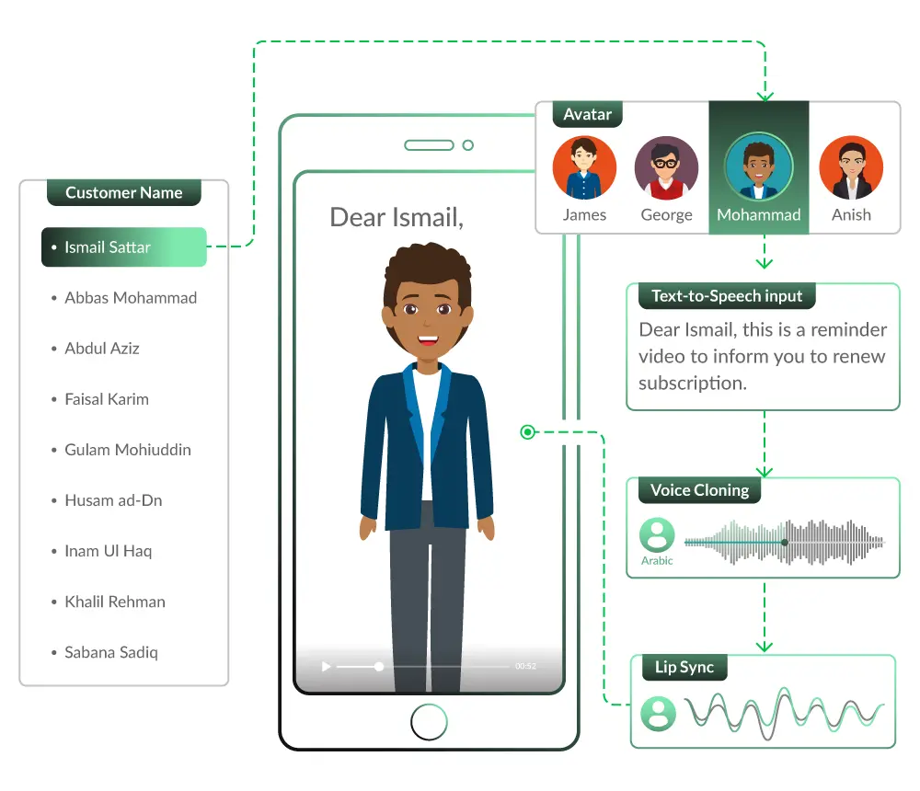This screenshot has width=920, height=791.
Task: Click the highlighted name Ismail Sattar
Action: tap(108, 247)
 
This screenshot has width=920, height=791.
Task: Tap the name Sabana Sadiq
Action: tap(110, 652)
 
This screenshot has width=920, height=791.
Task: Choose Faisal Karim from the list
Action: tap(106, 399)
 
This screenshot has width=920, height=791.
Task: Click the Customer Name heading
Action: tap(123, 193)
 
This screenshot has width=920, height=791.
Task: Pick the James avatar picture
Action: tap(584, 168)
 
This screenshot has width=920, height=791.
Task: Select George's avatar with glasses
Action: tap(666, 168)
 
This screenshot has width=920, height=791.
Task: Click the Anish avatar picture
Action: tap(851, 168)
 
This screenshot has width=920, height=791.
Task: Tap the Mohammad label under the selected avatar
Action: tap(758, 215)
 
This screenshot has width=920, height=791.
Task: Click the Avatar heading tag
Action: tap(587, 115)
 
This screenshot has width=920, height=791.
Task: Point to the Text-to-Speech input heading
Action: tap(727, 296)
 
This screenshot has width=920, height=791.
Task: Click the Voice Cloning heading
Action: tap(699, 490)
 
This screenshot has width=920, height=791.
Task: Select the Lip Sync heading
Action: tap(684, 667)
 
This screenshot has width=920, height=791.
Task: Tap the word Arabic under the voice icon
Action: tap(657, 560)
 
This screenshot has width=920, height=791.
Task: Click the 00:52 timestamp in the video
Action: tap(525, 666)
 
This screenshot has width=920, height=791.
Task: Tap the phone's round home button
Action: tap(429, 722)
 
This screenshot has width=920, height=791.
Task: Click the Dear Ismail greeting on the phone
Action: tap(397, 217)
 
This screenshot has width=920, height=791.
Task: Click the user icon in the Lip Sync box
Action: tap(658, 713)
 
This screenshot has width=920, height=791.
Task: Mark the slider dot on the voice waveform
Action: tap(784, 543)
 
